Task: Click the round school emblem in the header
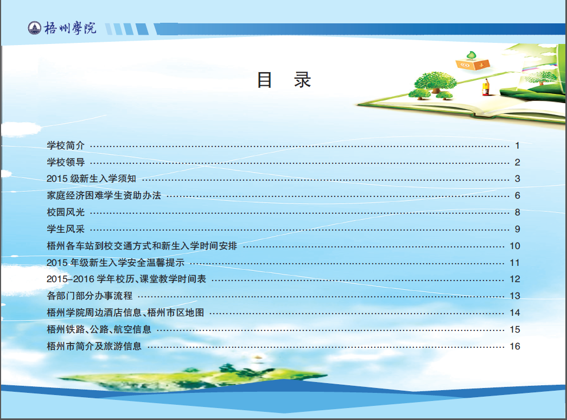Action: (x=34, y=28)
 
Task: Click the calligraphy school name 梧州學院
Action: (x=70, y=28)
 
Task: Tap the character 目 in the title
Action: (x=264, y=80)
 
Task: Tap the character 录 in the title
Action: (x=302, y=80)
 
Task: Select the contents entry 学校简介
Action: (x=66, y=145)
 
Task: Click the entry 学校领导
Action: (x=66, y=162)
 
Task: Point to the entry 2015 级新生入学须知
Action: (x=91, y=179)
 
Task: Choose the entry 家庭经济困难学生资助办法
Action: (x=104, y=195)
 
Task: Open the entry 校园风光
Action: (x=66, y=212)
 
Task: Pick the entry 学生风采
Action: (x=66, y=229)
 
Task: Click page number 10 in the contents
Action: (x=514, y=246)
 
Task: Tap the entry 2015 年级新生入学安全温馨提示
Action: (x=116, y=263)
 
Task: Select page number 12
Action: (x=514, y=279)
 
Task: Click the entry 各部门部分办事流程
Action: (x=90, y=296)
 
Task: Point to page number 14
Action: (x=514, y=313)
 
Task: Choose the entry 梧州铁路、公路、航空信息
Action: (x=99, y=329)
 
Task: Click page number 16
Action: (x=514, y=346)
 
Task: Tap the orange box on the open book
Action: (x=473, y=64)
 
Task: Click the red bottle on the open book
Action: (x=486, y=87)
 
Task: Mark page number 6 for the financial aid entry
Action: (x=518, y=196)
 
